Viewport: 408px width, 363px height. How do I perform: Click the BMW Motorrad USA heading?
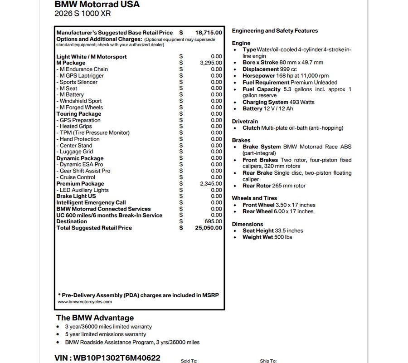pos(97,5)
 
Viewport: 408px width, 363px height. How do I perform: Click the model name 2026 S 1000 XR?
pos(83,14)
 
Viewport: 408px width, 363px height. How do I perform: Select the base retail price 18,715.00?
pos(209,33)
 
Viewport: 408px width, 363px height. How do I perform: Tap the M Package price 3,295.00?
pos(211,63)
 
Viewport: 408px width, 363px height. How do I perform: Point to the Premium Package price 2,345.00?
pos(211,184)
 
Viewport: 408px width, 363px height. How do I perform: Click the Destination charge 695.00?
pos(214,221)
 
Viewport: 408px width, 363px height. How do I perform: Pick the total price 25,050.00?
pos(209,228)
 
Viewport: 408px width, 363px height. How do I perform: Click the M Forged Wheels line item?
pos(80,108)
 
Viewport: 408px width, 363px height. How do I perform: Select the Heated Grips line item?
pos(75,127)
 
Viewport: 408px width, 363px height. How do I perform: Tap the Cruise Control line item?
pos(76,177)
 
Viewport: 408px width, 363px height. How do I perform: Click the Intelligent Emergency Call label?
pos(91,203)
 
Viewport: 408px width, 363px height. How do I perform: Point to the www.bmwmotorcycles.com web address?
pos(85,302)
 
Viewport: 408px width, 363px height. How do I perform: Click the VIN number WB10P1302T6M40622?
pos(107,358)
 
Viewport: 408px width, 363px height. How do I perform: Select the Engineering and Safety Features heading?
pos(275,31)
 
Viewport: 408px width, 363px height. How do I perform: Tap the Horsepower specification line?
pos(286,76)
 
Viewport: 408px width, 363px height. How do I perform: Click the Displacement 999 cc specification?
pos(269,69)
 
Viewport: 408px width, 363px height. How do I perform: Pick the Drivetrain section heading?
pos(245,122)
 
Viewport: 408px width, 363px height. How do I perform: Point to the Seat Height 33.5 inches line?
pos(272,231)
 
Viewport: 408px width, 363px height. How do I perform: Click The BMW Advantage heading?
pos(95,318)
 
